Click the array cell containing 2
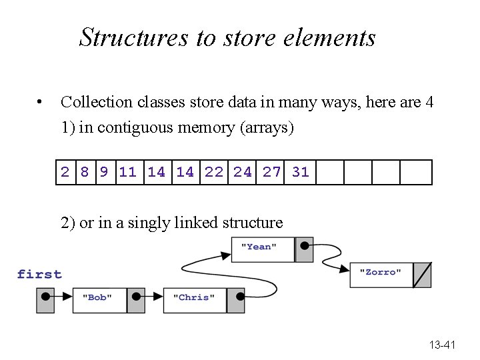pos(65,172)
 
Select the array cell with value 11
pos(127,172)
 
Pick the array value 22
pos(214,172)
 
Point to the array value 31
pos(301,172)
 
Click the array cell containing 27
pos(272,172)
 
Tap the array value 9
pos(103,172)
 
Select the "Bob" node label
pos(97,297)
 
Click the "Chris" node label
pos(194,297)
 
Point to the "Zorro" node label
pos(381,272)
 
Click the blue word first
pos(39,274)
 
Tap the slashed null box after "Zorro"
pos(422,274)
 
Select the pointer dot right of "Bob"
pos(135,297)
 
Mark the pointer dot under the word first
pos(45,297)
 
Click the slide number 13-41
pos(442,345)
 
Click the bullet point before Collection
pos(41,103)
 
